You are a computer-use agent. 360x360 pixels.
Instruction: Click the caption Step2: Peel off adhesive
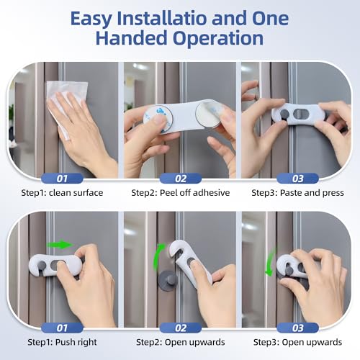(x=181, y=193)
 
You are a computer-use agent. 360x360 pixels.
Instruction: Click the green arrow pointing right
(x=64, y=244)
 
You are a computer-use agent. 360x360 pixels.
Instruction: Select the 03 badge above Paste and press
(x=297, y=177)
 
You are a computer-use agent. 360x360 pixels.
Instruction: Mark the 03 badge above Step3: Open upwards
(x=297, y=328)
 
